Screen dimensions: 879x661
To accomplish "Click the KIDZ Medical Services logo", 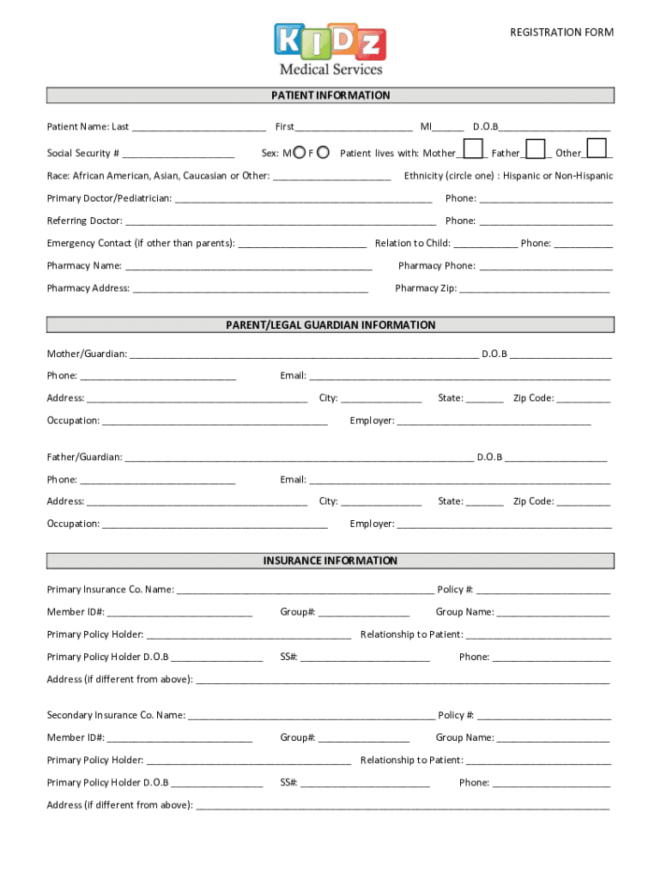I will pyautogui.click(x=330, y=48).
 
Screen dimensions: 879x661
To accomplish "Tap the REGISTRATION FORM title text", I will pyautogui.click(x=561, y=33).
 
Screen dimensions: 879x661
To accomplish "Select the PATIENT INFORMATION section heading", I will pyautogui.click(x=330, y=95).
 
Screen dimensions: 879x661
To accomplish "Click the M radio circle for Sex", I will pyautogui.click(x=298, y=153).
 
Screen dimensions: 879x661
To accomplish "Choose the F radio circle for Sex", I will pyautogui.click(x=323, y=153).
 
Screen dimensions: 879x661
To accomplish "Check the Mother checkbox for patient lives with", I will pyautogui.click(x=472, y=149).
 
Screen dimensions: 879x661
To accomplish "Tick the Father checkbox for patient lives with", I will pyautogui.click(x=536, y=149).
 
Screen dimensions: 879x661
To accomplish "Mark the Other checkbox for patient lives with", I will pyautogui.click(x=597, y=149).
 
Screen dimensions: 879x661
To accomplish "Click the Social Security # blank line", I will pyautogui.click(x=179, y=156).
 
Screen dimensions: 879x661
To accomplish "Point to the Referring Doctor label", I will pyautogui.click(x=84, y=221).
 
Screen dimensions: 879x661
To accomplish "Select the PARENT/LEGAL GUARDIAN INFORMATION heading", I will pyautogui.click(x=330, y=325).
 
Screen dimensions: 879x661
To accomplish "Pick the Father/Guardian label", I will pyautogui.click(x=84, y=457).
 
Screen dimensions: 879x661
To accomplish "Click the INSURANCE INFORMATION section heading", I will pyautogui.click(x=330, y=561).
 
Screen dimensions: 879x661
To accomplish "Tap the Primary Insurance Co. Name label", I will pyautogui.click(x=111, y=590).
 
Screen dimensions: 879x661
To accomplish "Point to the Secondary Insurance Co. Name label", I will pyautogui.click(x=116, y=715).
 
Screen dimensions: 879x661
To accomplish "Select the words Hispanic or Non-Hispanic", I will pyautogui.click(x=558, y=176).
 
